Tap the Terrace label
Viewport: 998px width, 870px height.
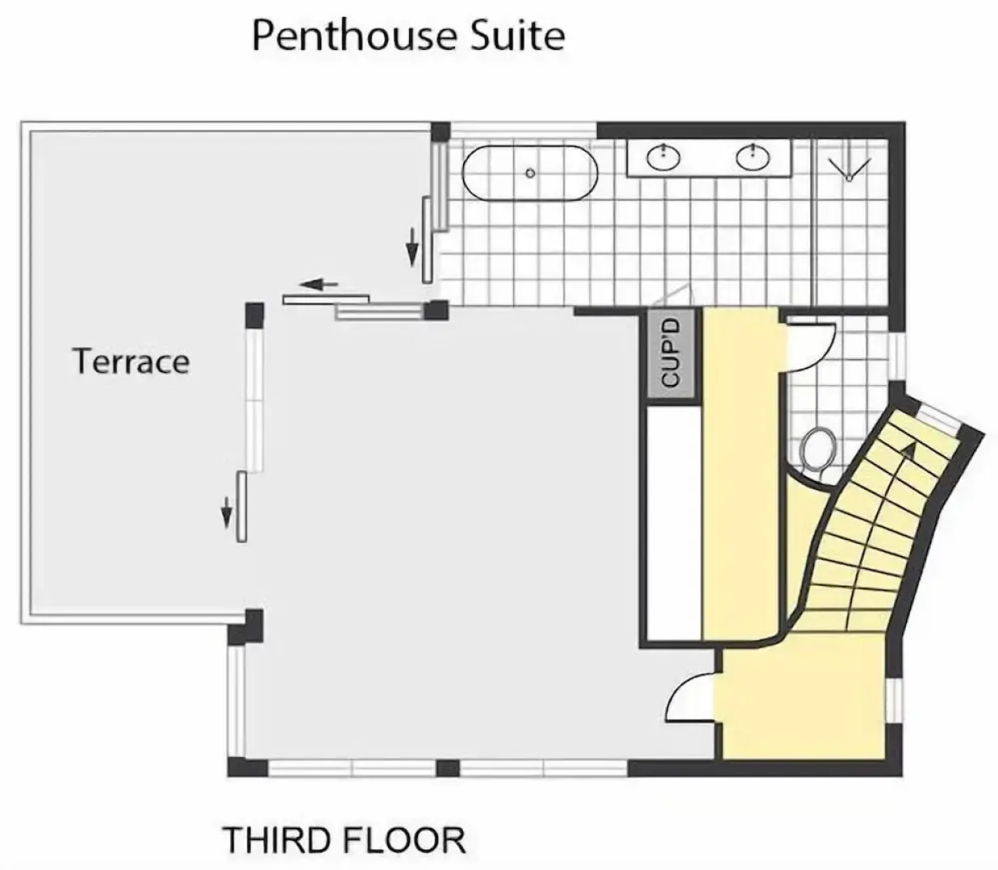tap(131, 361)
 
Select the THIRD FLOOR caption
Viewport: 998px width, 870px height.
tap(344, 840)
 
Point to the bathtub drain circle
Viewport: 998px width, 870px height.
tap(530, 173)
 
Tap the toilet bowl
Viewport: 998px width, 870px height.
tap(818, 449)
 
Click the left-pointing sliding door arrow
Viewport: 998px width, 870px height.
tap(319, 284)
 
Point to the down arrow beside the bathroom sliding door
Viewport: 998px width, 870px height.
tap(412, 246)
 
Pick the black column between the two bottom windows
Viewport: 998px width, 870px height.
tap(448, 768)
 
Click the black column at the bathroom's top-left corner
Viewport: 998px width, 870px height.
tap(440, 132)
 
